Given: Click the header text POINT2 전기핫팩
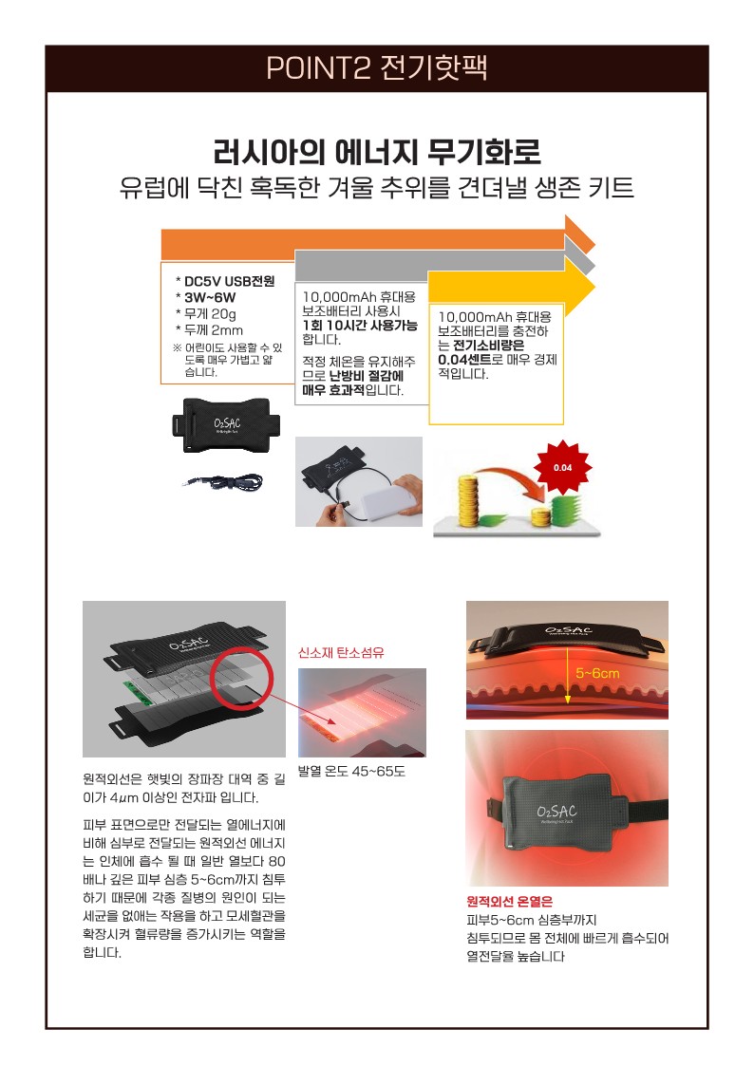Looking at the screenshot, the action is point(377,67).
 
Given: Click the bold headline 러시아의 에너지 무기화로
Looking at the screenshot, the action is point(377,151).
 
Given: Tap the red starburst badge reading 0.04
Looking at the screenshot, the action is point(562,468).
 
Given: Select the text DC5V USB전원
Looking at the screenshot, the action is point(230,282).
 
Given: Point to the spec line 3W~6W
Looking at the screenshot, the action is point(210,298).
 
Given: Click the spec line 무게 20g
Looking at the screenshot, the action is point(210,314).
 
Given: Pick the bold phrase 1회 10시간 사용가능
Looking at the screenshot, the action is point(360,325).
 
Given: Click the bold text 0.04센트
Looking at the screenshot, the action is point(464,359).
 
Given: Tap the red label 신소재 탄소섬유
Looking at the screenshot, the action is point(341,653).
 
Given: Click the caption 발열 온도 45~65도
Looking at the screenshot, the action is point(351,771).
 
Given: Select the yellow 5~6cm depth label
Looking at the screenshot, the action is point(597,673).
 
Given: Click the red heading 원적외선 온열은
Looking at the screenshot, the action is point(509,902).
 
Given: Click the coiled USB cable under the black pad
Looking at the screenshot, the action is point(224,483).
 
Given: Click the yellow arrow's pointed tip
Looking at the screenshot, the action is point(594,288).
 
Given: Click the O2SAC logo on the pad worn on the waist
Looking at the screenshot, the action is point(556,811).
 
